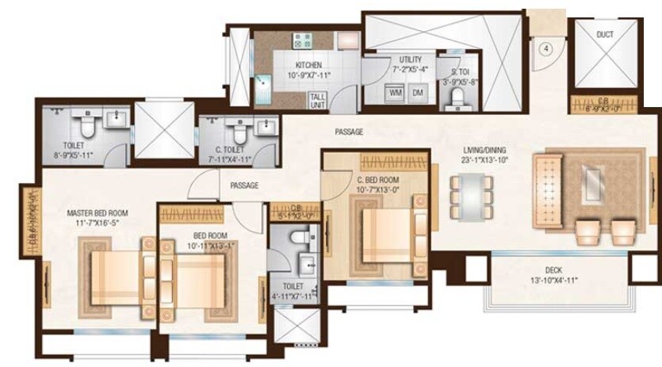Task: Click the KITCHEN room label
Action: [308, 65]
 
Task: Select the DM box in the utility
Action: [417, 94]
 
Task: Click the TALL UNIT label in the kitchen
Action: [318, 100]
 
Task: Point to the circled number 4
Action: [545, 48]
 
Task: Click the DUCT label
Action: [604, 36]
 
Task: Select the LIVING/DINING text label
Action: [485, 150]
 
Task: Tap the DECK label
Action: [553, 270]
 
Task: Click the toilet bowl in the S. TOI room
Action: [456, 98]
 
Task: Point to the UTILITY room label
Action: [410, 59]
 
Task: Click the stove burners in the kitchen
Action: [302, 40]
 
